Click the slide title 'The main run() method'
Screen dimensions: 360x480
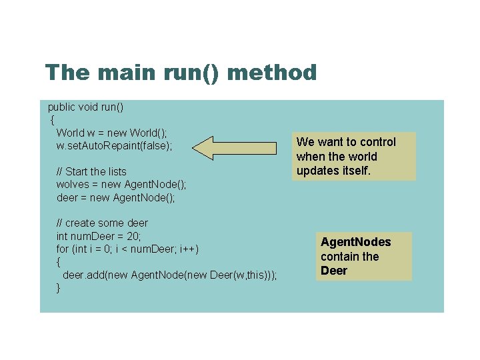point(181,72)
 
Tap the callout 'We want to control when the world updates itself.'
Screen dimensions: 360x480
point(347,157)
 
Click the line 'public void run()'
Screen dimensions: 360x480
point(86,107)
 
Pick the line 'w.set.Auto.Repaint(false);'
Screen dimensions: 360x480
point(114,145)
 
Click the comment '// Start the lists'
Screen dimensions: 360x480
point(91,171)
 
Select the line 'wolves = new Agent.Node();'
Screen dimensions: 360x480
point(121,184)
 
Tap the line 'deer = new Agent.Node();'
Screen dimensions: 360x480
point(115,197)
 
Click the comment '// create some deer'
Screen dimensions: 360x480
point(102,223)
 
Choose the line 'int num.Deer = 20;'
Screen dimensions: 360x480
point(99,235)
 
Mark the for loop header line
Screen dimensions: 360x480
point(127,249)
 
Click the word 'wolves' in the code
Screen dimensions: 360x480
point(71,184)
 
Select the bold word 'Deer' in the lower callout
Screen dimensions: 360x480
point(334,271)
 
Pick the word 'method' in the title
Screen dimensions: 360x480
point(272,72)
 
